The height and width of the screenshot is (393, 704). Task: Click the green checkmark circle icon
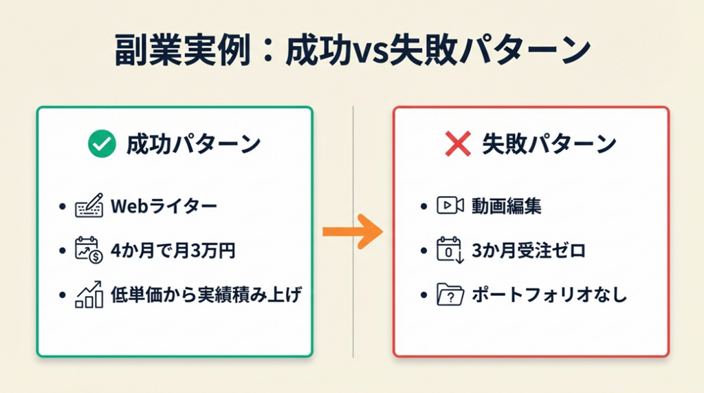[x=102, y=144]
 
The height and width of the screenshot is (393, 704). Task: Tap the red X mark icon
[x=457, y=144]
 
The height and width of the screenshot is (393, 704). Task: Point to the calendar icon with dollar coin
[x=89, y=251]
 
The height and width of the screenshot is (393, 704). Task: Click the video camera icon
[x=450, y=205]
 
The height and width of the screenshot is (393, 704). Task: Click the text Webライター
[x=164, y=206]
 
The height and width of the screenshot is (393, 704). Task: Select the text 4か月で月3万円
[x=173, y=251]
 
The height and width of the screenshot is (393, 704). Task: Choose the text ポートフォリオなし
[x=549, y=295]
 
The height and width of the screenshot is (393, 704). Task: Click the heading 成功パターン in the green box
[x=192, y=145]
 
